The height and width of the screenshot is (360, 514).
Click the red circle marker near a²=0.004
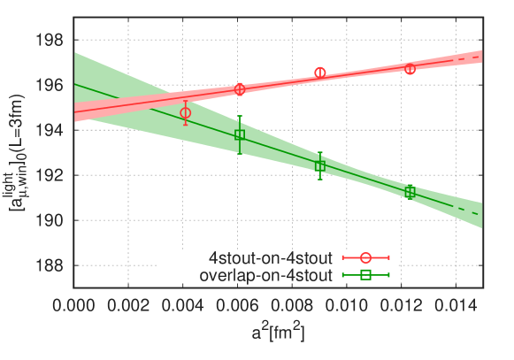coord(185,113)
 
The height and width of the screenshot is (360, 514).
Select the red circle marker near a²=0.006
coord(240,88)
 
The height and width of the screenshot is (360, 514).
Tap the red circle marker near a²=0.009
coord(320,73)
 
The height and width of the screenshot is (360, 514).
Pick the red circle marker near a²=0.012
coord(410,69)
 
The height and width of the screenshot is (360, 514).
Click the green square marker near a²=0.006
coord(240,135)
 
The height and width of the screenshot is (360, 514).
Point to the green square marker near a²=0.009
coord(320,165)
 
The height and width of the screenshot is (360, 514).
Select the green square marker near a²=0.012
coord(410,191)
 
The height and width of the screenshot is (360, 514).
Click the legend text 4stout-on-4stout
coord(271,258)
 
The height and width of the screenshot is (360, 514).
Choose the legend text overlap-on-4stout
coord(267,274)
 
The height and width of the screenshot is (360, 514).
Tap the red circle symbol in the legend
coord(364,258)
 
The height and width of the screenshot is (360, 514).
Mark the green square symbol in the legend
coord(364,274)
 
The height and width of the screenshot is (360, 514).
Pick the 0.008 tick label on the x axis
coord(293,303)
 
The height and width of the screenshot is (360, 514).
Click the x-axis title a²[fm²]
coord(279,334)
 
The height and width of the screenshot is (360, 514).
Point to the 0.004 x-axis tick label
coord(183,303)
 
